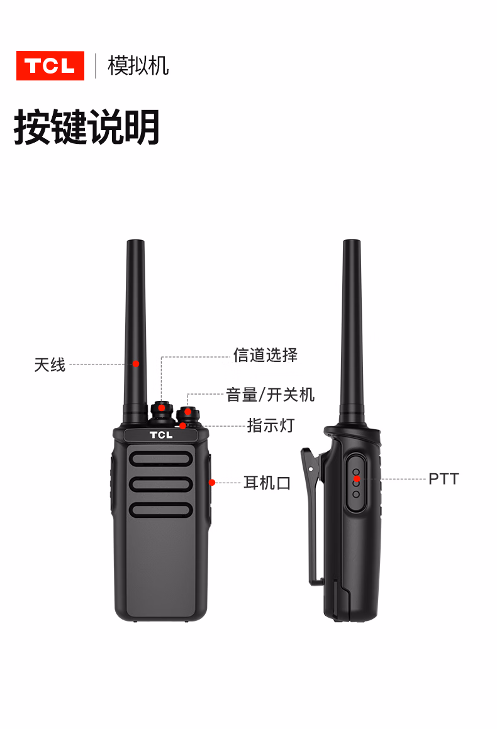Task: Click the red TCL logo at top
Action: pos(50,65)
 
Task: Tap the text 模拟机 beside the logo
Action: pos(138,65)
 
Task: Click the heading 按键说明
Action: pos(87,127)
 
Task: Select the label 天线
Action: pos(50,364)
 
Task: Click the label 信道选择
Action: pos(265,354)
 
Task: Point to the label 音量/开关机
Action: pos(271,395)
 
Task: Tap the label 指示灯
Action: pos(271,425)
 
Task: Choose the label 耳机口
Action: pos(267,483)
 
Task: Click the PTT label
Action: pos(444,479)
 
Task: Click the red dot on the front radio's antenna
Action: pos(136,364)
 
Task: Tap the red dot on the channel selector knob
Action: pos(162,408)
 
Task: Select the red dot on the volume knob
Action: pos(187,412)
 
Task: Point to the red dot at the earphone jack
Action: pos(212,483)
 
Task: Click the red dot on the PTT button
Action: pos(357,478)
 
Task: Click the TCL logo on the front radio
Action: pos(161,435)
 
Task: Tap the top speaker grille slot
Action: pos(161,459)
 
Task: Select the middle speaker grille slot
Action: pos(161,485)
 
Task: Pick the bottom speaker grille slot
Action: pos(161,510)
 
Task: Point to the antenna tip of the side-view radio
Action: pos(352,241)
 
